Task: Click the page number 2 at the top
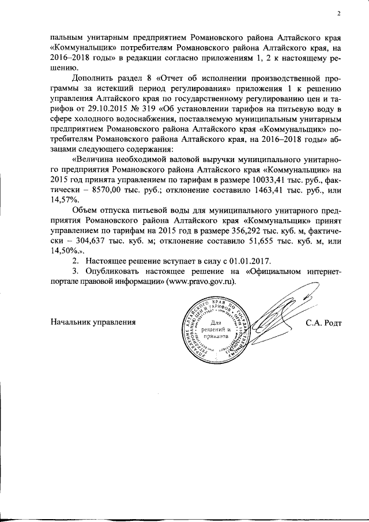point(338,14)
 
